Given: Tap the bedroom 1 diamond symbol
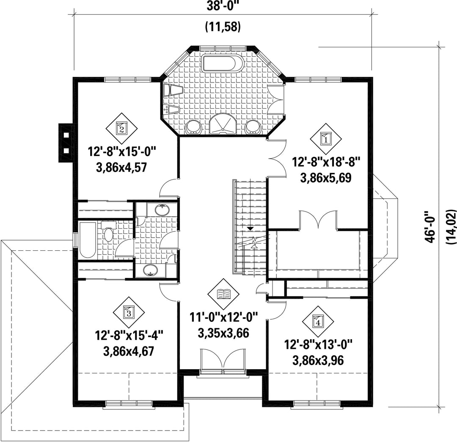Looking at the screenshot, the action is point(325,139).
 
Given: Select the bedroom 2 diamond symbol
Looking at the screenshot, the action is point(121,128).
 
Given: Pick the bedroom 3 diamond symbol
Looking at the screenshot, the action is point(128,313).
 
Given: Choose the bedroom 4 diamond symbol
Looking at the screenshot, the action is point(318,322).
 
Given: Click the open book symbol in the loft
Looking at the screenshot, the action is point(223,294).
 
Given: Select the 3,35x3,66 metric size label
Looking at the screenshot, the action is point(223,333).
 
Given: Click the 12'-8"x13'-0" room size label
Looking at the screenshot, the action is point(318,345).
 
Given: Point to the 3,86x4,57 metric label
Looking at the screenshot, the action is point(121,167).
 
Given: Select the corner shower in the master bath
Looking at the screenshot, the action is point(223,124).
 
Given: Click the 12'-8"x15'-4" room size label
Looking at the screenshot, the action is point(128,336).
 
